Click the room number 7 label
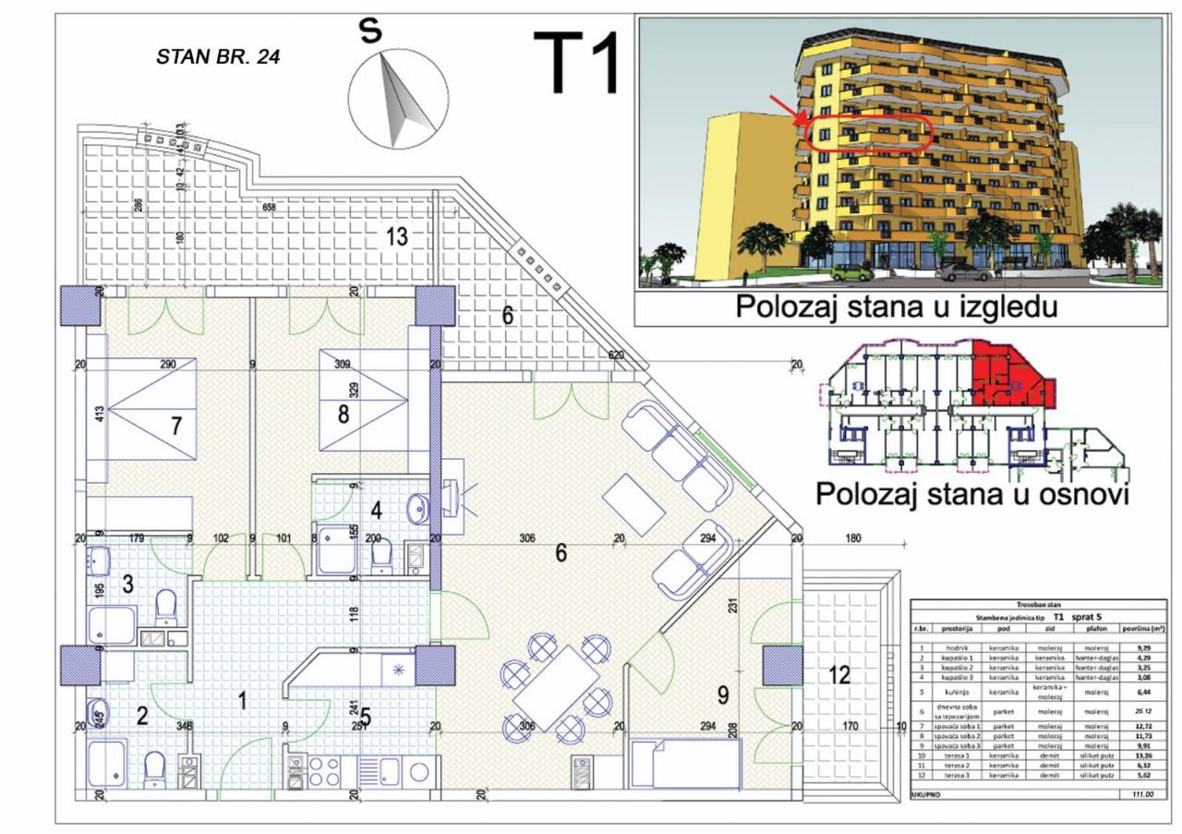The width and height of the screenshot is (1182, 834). [x=175, y=426]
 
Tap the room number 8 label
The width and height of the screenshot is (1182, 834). [x=343, y=413]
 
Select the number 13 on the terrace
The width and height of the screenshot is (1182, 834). [x=396, y=236]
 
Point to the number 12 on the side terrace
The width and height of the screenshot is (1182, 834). [x=838, y=675]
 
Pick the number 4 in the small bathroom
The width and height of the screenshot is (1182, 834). [x=376, y=509]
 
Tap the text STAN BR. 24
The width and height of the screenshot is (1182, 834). [x=218, y=56]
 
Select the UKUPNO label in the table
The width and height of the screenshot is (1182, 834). [x=926, y=794]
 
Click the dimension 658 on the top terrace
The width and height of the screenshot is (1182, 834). [x=269, y=208]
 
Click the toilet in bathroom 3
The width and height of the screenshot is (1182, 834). [x=166, y=605]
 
